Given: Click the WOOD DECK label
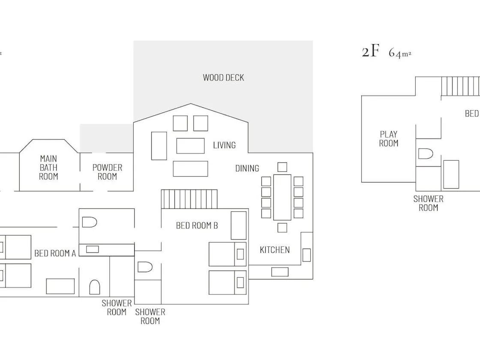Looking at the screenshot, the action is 223,78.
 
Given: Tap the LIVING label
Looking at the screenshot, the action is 225,145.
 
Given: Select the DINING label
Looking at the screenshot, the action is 247,168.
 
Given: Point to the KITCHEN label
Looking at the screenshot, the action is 275,250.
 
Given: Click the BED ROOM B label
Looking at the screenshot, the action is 197,225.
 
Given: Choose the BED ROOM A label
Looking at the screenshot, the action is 55,253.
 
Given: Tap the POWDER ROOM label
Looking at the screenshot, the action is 107,172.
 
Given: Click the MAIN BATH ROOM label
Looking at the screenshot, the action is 48,168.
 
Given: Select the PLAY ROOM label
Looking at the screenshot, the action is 389,139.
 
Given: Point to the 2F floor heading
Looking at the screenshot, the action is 370,51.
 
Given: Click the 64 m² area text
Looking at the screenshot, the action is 400,53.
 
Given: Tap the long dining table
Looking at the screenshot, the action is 282,197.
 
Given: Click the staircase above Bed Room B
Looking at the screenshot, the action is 189,199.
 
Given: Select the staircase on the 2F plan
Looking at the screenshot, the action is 460,86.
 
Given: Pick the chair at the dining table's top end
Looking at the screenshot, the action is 282,167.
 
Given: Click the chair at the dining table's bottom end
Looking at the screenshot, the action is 282,228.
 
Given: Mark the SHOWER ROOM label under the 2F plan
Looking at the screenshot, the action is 428,203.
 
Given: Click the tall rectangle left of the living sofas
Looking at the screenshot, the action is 159,146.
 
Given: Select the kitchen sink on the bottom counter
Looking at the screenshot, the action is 280,272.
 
